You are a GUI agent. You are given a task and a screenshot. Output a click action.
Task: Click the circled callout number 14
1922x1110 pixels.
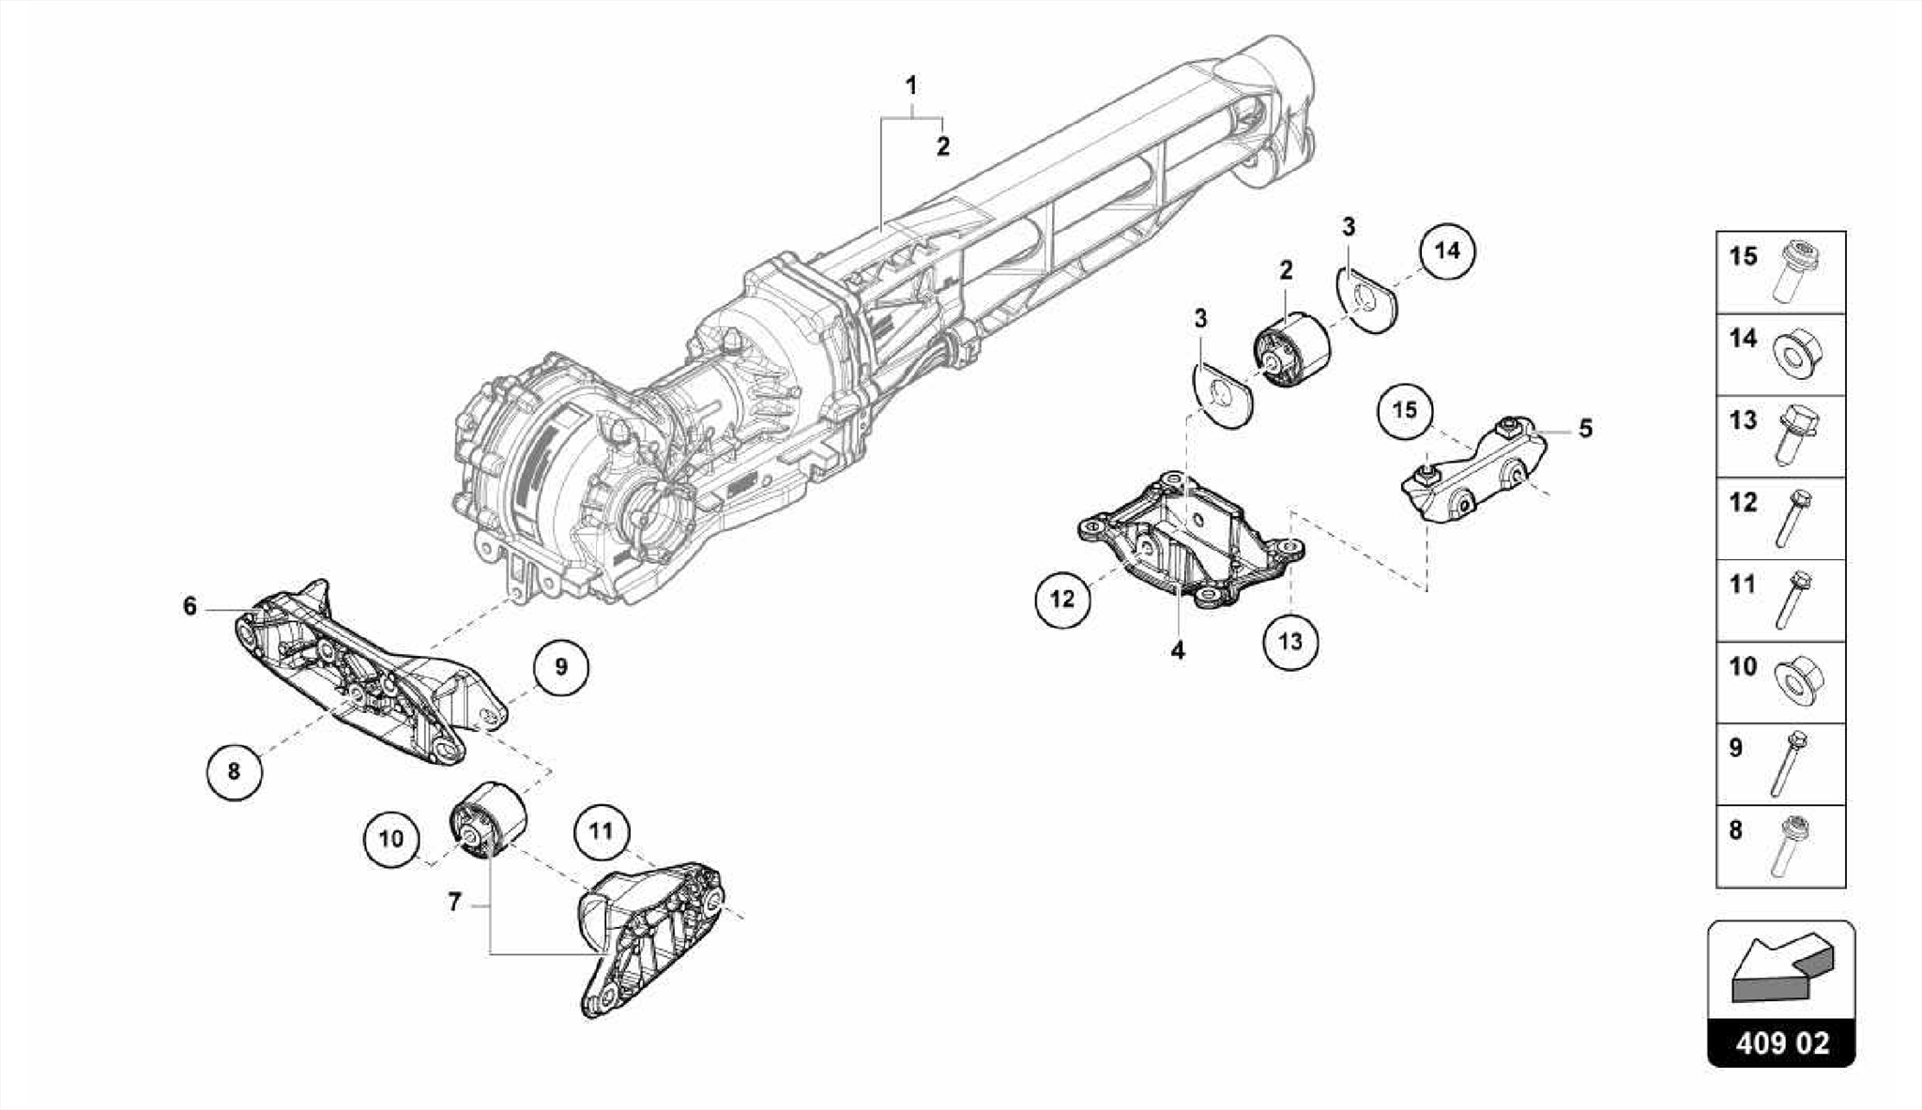tap(1447, 251)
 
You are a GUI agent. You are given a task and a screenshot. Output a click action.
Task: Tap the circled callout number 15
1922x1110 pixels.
tap(1405, 410)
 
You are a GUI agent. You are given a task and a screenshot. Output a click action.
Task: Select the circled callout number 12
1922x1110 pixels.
tap(1062, 598)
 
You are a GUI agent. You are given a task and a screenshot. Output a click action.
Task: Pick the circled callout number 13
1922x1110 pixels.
tap(1290, 642)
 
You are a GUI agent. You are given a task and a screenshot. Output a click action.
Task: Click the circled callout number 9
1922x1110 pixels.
tap(561, 667)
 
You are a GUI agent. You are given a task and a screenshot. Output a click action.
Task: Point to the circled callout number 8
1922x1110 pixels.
tap(234, 771)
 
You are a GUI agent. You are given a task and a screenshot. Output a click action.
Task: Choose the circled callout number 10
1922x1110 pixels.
tap(391, 838)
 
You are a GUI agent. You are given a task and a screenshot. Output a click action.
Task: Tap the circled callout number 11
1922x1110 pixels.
tap(601, 830)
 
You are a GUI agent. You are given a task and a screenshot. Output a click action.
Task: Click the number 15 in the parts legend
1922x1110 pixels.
tap(1743, 256)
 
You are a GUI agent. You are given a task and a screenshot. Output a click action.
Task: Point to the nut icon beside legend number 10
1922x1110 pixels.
tap(1796, 678)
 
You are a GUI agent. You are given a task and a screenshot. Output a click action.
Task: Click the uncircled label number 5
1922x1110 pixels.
tap(1585, 429)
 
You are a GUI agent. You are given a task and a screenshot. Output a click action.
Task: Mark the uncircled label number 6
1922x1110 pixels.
tap(191, 607)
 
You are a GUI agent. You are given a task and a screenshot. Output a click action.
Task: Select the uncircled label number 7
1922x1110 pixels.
tap(455, 903)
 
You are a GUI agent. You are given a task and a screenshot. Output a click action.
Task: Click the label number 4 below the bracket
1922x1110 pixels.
tap(1178, 650)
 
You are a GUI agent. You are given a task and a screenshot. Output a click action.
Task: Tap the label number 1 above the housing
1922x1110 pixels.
tap(910, 86)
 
